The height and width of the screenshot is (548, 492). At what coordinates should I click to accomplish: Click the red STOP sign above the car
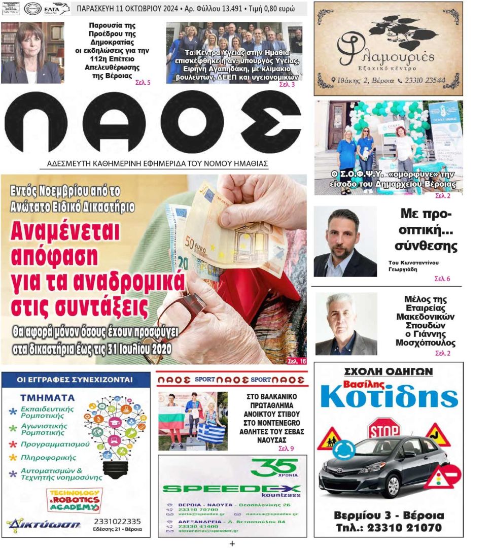coord(383,429)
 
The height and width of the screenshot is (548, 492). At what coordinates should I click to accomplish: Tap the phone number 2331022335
coord(117,521)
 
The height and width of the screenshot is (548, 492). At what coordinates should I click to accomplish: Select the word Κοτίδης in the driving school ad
coord(389,397)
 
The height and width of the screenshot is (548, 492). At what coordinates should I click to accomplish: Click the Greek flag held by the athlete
coord(212,433)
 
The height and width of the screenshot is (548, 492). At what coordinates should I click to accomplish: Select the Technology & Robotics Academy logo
coord(74,500)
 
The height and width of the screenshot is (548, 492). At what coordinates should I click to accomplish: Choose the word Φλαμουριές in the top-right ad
coord(388,55)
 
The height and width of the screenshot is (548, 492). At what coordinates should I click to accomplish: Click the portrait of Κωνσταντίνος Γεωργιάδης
coord(345,242)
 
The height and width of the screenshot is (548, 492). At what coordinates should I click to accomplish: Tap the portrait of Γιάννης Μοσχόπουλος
coord(346,323)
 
